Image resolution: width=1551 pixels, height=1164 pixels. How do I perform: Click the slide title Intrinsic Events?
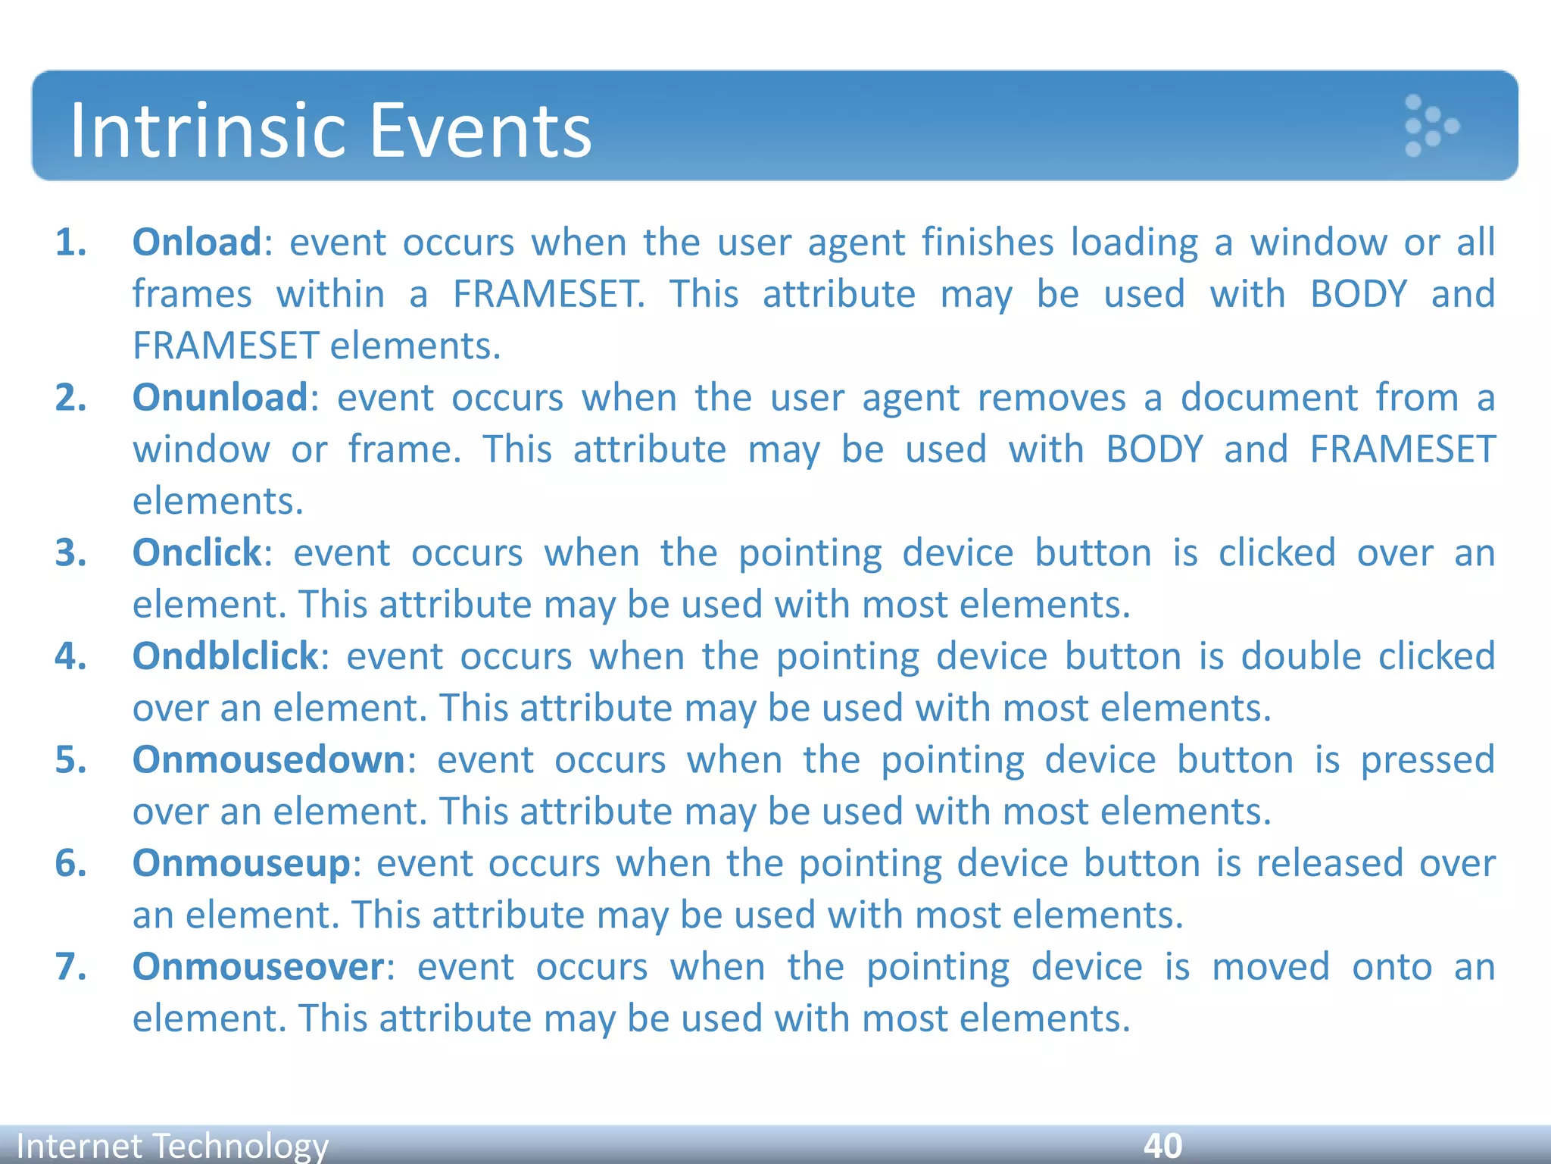click(x=330, y=130)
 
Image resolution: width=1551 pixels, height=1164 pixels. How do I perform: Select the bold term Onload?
click(x=197, y=242)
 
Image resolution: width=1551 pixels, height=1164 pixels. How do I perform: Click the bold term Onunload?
click(x=220, y=398)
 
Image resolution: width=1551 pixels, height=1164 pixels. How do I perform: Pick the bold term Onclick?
click(x=197, y=553)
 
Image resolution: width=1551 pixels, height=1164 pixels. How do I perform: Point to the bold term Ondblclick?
click(x=226, y=656)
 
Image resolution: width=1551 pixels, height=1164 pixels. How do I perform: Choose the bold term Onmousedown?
click(x=269, y=760)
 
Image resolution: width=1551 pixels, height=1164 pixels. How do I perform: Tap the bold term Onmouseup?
click(x=242, y=863)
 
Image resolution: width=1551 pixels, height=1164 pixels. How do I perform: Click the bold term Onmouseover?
click(x=258, y=967)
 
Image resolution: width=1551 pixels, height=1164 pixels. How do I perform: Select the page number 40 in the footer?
click(x=1162, y=1145)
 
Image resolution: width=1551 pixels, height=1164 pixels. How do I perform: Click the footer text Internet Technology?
click(x=173, y=1145)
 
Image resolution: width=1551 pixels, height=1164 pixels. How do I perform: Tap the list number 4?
click(x=70, y=656)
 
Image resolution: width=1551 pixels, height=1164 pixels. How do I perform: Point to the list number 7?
click(x=70, y=967)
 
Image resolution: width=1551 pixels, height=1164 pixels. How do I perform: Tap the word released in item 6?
click(x=1330, y=863)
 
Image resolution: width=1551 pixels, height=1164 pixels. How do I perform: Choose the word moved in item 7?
click(x=1270, y=967)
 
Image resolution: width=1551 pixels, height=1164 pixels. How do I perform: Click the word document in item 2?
click(x=1269, y=398)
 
